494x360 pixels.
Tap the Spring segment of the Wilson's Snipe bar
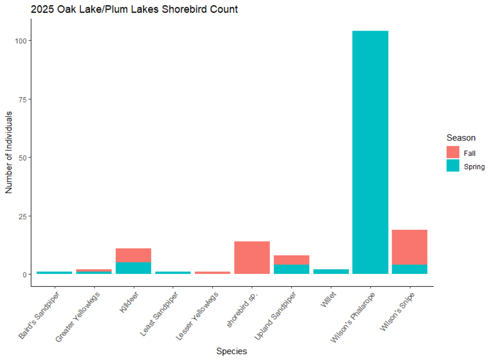click(x=410, y=269)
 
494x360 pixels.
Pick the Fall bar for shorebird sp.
click(x=252, y=258)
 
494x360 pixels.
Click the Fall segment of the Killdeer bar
click(x=133, y=255)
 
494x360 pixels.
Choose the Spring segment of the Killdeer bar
click(x=133, y=268)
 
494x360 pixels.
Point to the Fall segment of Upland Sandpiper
click(x=291, y=260)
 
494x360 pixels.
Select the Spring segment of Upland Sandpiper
click(x=291, y=269)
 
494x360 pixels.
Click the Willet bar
click(x=331, y=271)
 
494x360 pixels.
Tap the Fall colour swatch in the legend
click(x=453, y=153)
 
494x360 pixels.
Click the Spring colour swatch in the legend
click(x=453, y=166)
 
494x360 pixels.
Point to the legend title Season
click(x=461, y=138)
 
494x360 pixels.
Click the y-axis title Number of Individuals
click(x=9, y=153)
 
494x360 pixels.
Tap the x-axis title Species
click(x=232, y=351)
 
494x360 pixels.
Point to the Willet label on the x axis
click(x=327, y=299)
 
